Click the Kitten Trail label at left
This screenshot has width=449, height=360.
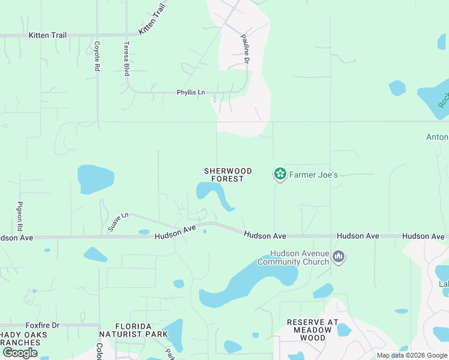(x=47, y=35)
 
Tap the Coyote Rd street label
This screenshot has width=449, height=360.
(x=96, y=56)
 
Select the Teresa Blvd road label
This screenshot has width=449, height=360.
(x=127, y=58)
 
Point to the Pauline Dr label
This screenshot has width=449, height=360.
(x=246, y=49)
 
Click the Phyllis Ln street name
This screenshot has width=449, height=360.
(x=190, y=92)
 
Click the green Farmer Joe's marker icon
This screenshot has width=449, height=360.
(x=279, y=174)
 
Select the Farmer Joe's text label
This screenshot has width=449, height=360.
(x=313, y=175)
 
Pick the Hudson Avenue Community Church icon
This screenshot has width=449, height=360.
(x=339, y=257)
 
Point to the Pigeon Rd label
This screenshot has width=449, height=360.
(x=20, y=217)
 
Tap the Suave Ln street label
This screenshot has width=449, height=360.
(x=118, y=220)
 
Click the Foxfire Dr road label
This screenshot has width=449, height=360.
(x=43, y=325)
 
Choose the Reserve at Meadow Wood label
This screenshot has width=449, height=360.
(x=313, y=330)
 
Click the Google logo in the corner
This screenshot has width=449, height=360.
(x=20, y=353)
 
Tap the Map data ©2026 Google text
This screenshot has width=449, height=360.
(x=412, y=355)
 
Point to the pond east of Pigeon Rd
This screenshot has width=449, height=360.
(x=95, y=179)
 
